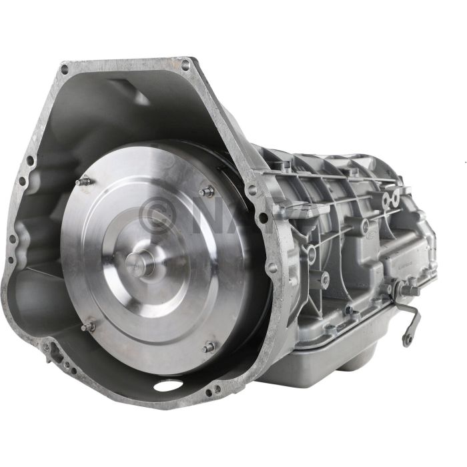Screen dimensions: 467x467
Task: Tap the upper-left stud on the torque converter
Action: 83,181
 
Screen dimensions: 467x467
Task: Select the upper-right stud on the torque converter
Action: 208,191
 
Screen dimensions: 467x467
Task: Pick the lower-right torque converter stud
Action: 209,346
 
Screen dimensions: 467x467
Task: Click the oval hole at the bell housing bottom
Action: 167,386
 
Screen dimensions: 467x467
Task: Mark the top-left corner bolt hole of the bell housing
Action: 65,69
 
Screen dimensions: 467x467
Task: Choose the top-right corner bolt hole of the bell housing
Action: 185,65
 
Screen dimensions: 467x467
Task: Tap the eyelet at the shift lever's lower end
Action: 406,340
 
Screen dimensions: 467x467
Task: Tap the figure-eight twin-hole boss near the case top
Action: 390,198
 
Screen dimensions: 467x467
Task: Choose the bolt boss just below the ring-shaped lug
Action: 324,280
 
